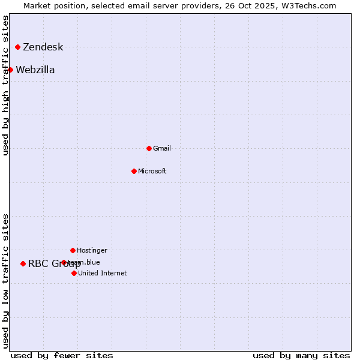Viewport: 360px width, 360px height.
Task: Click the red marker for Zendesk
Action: click(x=18, y=47)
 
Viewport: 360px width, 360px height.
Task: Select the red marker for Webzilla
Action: click(x=10, y=70)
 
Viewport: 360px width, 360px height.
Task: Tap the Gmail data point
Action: click(x=149, y=148)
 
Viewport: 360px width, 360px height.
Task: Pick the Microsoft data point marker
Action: click(x=134, y=171)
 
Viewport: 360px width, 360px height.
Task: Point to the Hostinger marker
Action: click(x=73, y=250)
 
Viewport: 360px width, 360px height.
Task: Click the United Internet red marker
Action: click(x=74, y=273)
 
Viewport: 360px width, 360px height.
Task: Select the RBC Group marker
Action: click(x=23, y=263)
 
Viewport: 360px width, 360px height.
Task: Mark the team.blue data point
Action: click(x=64, y=262)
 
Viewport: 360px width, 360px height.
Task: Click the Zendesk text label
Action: click(x=43, y=47)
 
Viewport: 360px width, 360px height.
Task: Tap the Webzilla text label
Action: click(x=35, y=70)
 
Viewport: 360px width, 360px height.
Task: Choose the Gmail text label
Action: click(x=162, y=148)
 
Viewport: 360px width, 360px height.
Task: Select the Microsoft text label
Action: click(x=152, y=171)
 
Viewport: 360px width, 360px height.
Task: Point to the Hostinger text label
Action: click(x=92, y=250)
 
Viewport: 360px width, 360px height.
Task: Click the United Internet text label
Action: click(x=103, y=273)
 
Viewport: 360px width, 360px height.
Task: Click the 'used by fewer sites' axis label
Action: click(x=62, y=355)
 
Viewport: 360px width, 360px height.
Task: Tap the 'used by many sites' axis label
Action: click(x=301, y=355)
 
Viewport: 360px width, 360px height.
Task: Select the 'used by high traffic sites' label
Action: click(x=6, y=85)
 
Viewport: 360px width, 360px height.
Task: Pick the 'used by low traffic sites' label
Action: click(x=6, y=281)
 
